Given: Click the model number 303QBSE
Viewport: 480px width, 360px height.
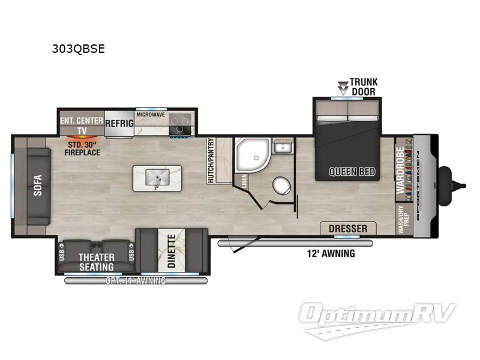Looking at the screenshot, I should click(x=79, y=49).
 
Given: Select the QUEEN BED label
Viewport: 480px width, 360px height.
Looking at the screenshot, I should click(x=352, y=172).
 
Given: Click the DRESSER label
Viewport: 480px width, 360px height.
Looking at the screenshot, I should click(x=348, y=228).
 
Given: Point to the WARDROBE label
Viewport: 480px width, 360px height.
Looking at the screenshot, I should click(x=400, y=170).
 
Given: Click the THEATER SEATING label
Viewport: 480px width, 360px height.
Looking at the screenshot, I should click(x=97, y=261).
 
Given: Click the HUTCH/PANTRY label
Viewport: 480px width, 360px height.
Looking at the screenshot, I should click(x=211, y=160).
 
